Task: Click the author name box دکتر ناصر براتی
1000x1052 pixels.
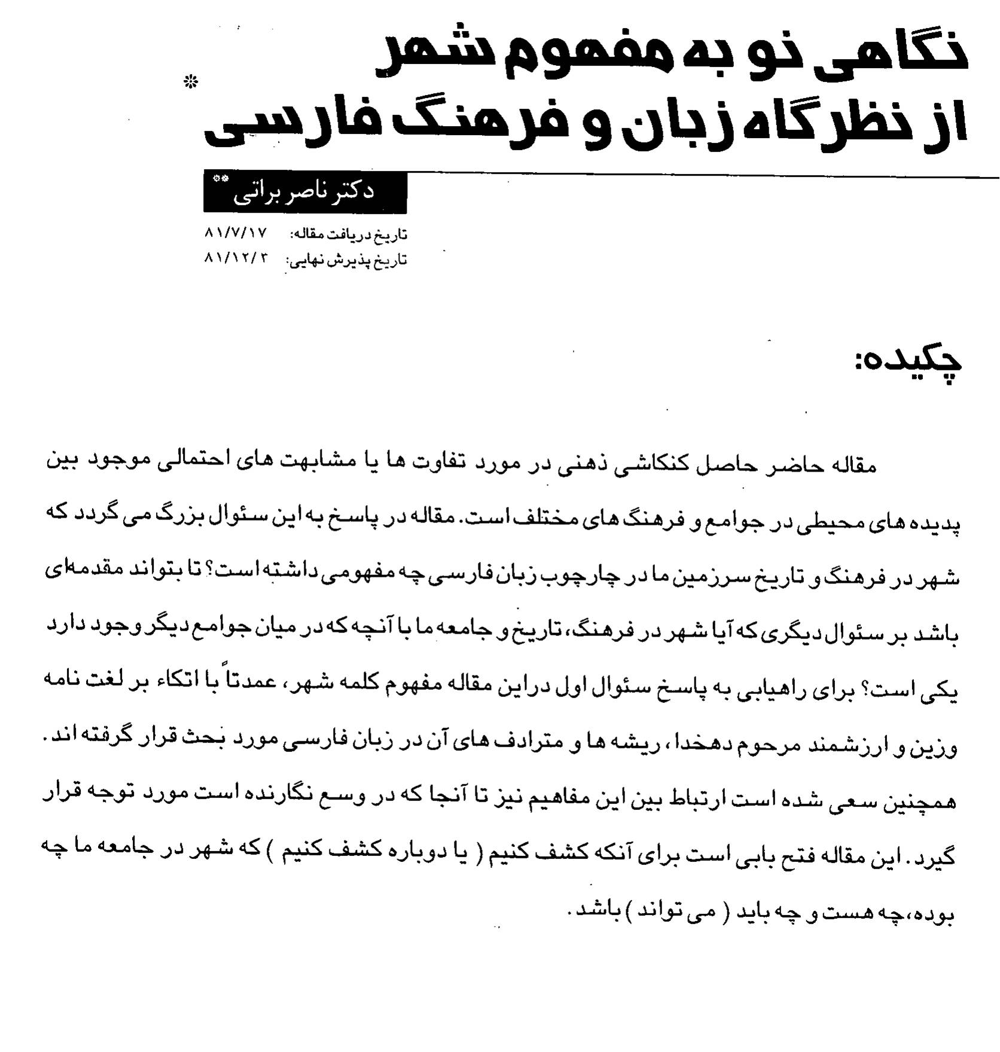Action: [x=305, y=192]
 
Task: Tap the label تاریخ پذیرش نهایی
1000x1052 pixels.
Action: [x=347, y=260]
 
